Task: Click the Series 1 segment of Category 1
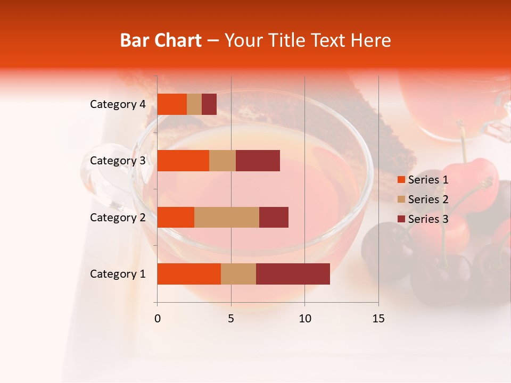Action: click(x=189, y=274)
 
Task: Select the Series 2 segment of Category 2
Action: click(x=227, y=217)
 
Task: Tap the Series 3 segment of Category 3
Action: click(x=258, y=161)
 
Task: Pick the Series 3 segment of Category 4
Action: click(x=209, y=104)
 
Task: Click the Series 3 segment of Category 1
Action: click(x=293, y=274)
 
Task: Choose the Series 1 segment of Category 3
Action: click(x=183, y=161)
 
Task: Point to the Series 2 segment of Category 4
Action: click(x=194, y=104)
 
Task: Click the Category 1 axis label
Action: click(x=117, y=274)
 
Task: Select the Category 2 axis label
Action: click(x=117, y=217)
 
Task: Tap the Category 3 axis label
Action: click(x=117, y=161)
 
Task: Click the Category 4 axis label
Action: click(x=117, y=104)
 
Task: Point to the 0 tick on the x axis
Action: click(x=158, y=319)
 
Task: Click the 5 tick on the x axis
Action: click(x=231, y=319)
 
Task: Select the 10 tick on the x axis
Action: click(x=304, y=319)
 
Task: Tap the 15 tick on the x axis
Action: click(x=378, y=319)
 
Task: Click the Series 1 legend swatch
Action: click(x=401, y=180)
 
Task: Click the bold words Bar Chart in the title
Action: click(x=161, y=40)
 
